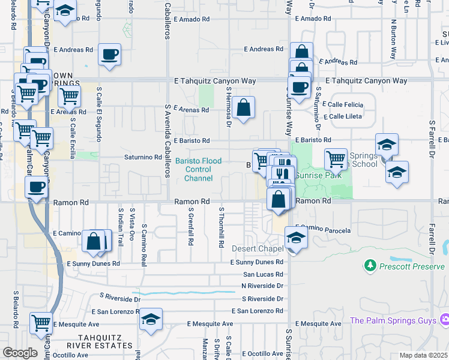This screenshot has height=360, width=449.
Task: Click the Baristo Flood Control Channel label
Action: pos(199,170)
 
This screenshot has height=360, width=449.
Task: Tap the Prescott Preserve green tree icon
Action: pos(370,265)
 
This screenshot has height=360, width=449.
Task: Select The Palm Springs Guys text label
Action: pos(393,320)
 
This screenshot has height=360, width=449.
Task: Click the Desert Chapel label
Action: pos(258,248)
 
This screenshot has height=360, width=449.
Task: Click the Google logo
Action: pos(20,353)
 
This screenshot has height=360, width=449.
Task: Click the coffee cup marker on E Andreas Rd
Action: pos(110,55)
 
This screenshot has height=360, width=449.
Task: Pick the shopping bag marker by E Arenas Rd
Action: pos(244,108)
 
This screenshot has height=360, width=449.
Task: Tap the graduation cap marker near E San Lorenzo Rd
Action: pos(151,319)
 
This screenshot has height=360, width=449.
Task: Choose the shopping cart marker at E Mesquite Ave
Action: pos(41,323)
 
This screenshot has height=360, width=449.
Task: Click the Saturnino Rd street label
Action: pos(143,157)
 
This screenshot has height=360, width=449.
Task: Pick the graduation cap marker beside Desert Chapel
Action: pos(296,238)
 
